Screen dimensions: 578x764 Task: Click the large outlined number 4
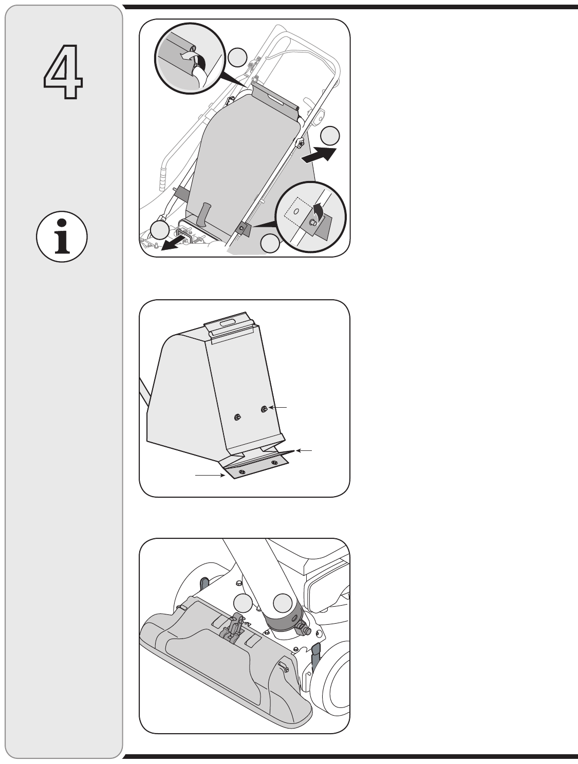[63, 71]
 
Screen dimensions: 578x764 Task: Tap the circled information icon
[62, 237]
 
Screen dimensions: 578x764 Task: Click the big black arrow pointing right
[319, 155]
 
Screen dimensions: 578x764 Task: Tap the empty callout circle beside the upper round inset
[238, 57]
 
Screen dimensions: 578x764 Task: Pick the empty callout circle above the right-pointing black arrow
[330, 136]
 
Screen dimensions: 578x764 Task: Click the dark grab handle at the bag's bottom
[203, 214]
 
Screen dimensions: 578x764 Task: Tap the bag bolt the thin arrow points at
[264, 409]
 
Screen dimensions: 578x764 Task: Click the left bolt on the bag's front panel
[237, 416]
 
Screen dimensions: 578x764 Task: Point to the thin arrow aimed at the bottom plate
[210, 475]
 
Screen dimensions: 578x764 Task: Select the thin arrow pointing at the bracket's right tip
[304, 451]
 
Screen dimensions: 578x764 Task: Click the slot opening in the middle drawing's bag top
[226, 323]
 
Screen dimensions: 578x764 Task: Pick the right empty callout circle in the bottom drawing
[283, 603]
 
